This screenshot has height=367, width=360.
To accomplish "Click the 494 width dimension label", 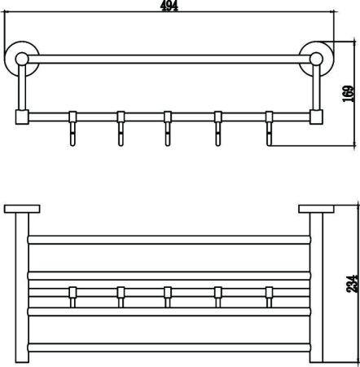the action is tap(169, 6).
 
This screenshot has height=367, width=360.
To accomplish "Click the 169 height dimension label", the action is tap(349, 94).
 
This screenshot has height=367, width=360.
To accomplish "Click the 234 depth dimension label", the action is tap(352, 284).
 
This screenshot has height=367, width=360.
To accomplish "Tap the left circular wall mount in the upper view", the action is tap(21, 58).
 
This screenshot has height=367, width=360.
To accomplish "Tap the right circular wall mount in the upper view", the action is tap(316, 58).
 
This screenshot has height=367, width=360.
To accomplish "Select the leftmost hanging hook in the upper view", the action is tap(72, 128).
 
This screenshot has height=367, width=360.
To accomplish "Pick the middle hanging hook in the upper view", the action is tap(168, 128).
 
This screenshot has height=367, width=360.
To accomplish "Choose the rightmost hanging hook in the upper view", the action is tap(269, 128).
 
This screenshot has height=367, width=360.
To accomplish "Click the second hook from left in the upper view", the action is tap(121, 128).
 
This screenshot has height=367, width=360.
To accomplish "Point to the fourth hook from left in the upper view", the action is tap(218, 128).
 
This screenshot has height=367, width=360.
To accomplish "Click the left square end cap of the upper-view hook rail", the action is tap(22, 117).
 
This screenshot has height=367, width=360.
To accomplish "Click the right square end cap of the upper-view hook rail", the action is tap(316, 117).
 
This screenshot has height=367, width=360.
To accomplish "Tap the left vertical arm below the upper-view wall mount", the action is tap(22, 87).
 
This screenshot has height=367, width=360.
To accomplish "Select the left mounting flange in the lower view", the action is tap(22, 209).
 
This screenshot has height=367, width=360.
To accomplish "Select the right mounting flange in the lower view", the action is tap(316, 209).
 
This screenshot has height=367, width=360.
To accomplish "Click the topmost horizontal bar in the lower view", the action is tap(169, 240).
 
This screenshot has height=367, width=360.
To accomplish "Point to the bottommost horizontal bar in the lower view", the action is tap(169, 347).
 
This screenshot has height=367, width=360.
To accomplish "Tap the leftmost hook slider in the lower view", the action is tap(72, 297).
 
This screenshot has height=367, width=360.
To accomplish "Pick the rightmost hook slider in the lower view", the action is tap(269, 297).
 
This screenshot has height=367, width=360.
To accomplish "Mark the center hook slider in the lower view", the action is tap(168, 297).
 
